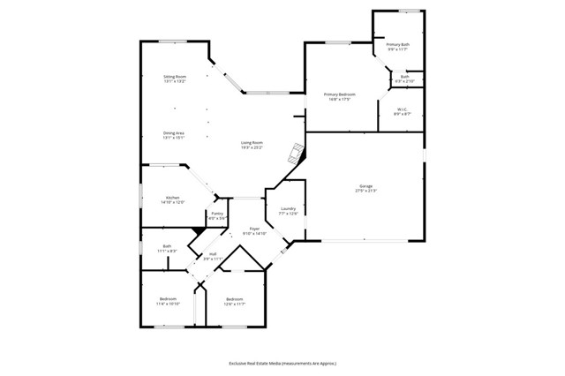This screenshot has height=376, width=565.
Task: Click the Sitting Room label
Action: tap(175, 79)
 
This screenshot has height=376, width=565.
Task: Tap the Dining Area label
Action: tap(173, 135)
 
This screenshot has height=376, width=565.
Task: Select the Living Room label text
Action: tap(252, 145)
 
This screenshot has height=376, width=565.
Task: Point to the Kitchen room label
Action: tap(172, 199)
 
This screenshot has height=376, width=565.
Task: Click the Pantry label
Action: tap(217, 215)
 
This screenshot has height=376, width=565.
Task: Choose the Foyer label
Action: tap(254, 231)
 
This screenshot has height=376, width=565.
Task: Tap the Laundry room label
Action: tap(289, 211)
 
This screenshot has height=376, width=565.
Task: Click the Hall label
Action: tap(213, 257)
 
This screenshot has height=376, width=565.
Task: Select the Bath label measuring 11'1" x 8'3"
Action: tap(167, 249)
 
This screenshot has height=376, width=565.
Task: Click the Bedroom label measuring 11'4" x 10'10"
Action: tap(169, 301)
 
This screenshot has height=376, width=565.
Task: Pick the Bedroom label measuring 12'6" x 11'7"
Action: tap(234, 301)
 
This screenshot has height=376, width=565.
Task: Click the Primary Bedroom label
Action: tap(340, 96)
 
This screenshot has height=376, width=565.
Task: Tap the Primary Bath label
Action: tap(398, 47)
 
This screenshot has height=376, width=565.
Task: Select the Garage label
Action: tap(365, 189)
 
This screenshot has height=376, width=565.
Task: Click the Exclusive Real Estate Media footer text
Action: tap(282, 363)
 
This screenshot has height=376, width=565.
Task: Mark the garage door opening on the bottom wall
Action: tap(364, 240)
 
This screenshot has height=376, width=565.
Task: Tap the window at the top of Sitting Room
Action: tap(172, 41)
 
